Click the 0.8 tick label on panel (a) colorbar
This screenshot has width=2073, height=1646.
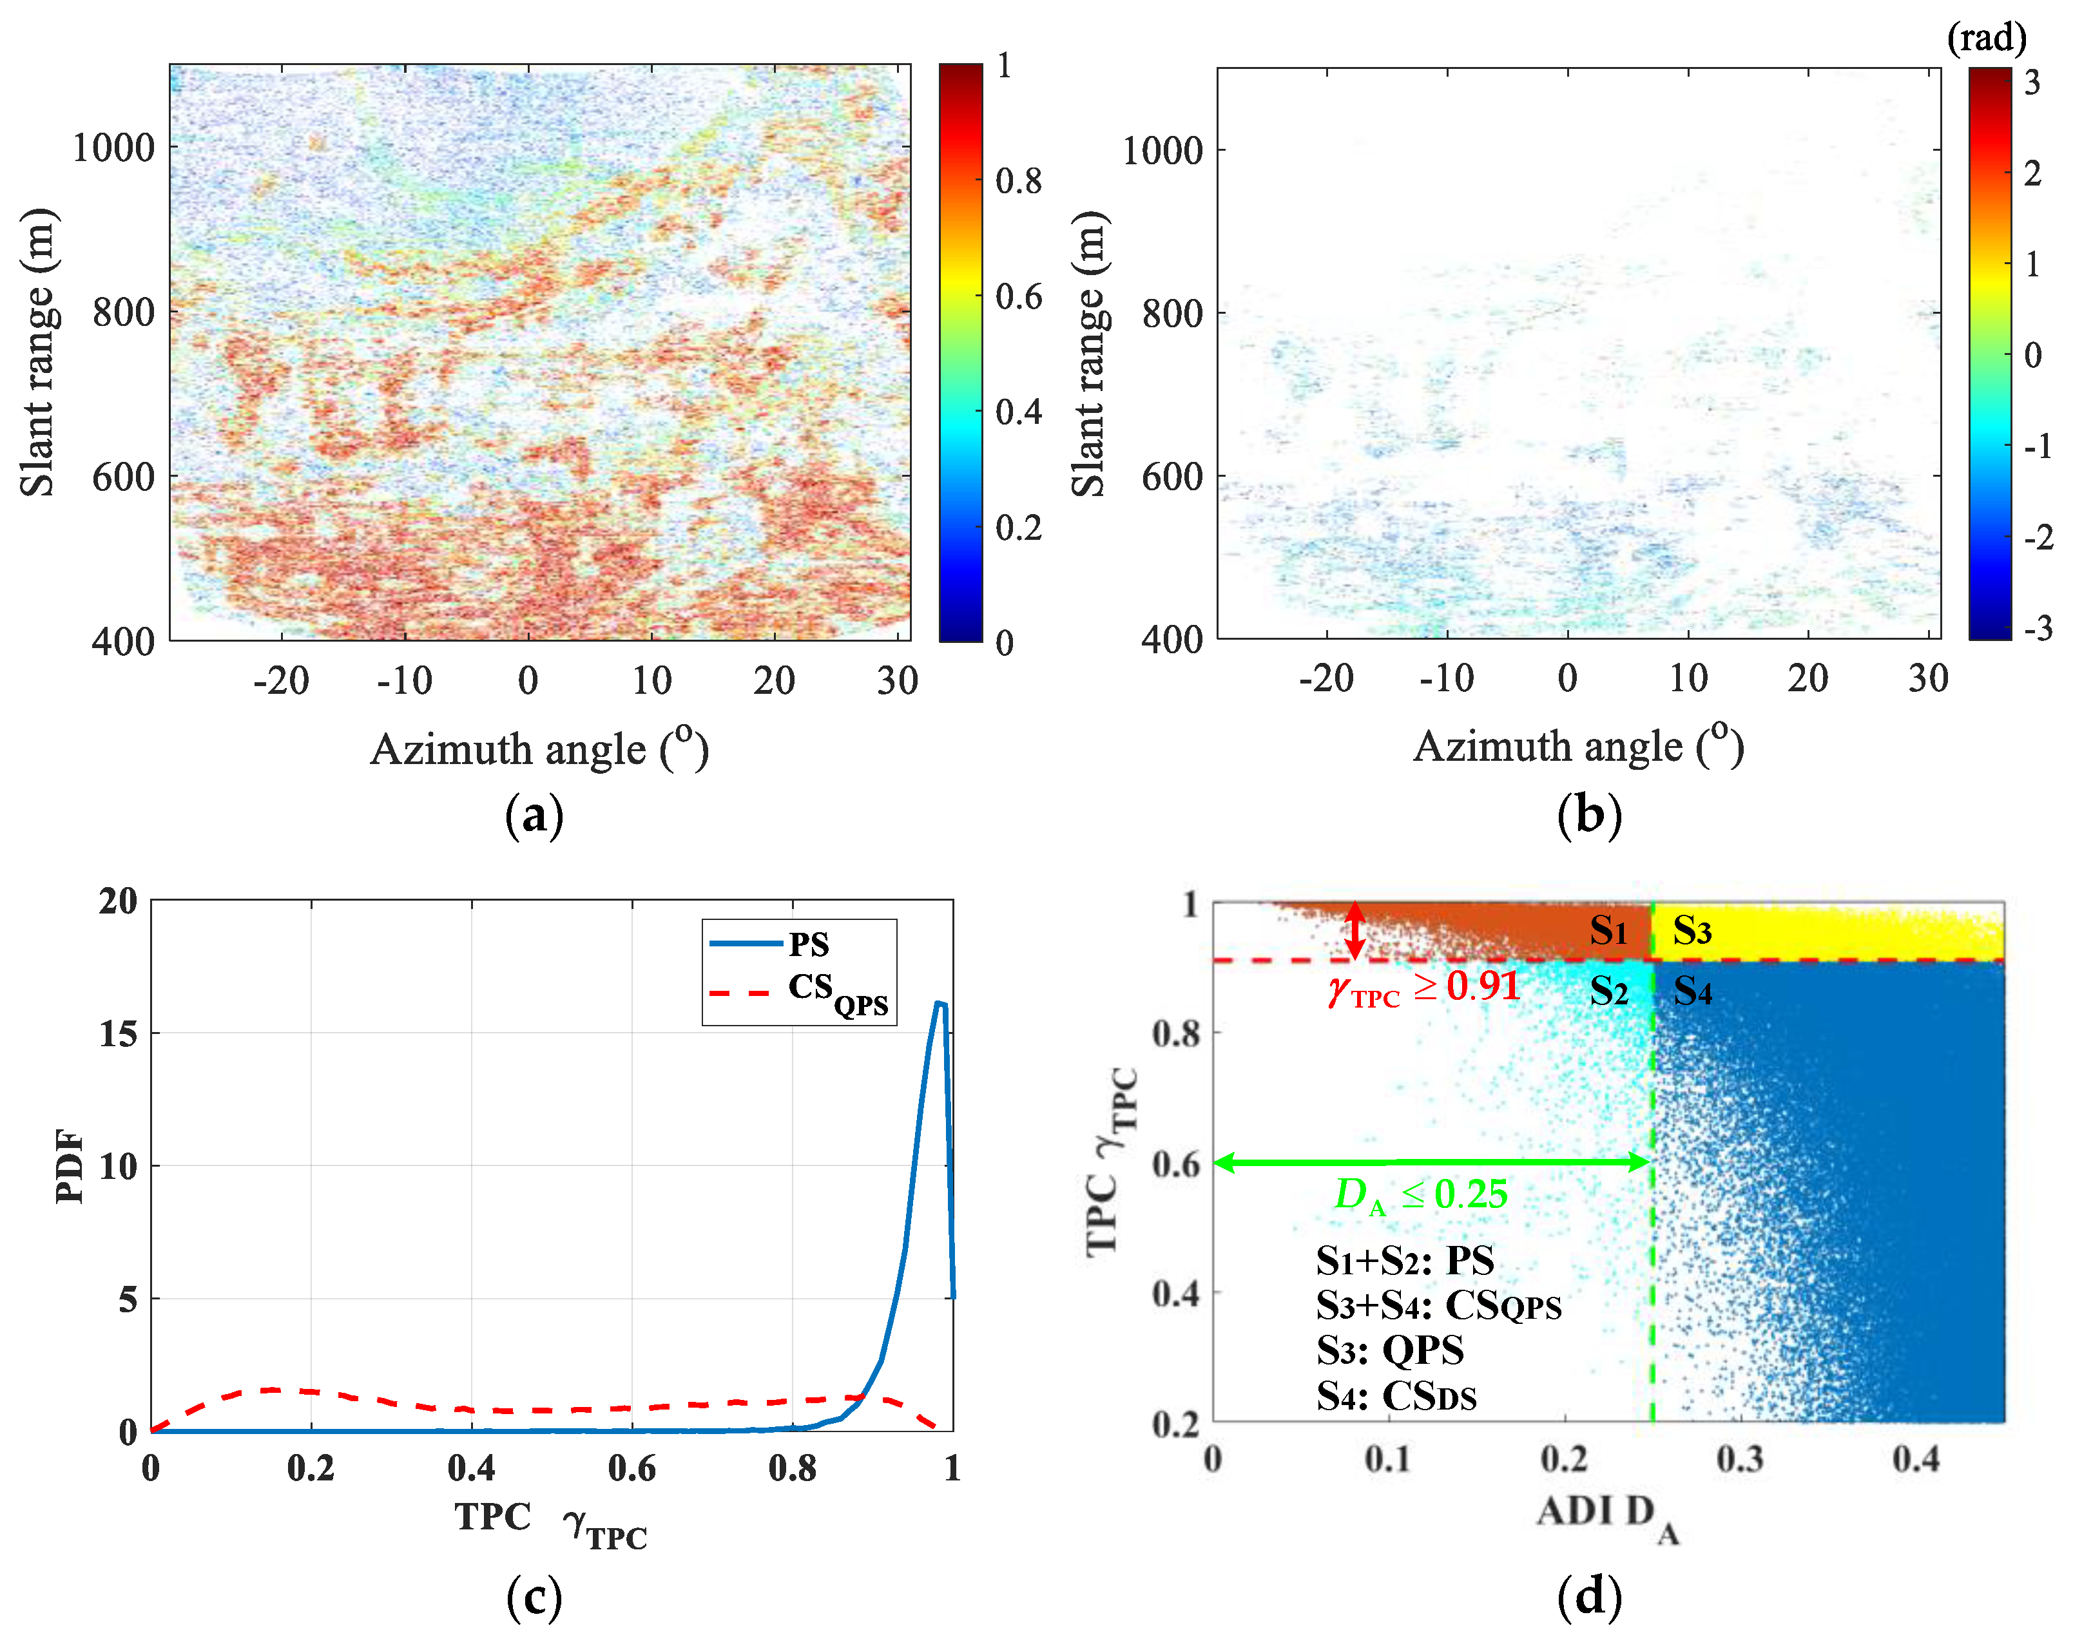(1018, 181)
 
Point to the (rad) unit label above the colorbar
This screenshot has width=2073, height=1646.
(1985, 39)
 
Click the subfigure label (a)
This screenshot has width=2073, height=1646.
(534, 816)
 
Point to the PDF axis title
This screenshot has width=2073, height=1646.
(69, 1165)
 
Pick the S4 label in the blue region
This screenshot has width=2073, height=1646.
(1692, 990)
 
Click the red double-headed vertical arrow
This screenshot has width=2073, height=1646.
(1354, 930)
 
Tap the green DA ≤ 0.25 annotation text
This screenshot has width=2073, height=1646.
(1420, 1195)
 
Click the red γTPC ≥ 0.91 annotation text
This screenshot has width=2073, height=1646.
(1423, 988)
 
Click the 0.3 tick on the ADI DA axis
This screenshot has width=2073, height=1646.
(1740, 1459)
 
